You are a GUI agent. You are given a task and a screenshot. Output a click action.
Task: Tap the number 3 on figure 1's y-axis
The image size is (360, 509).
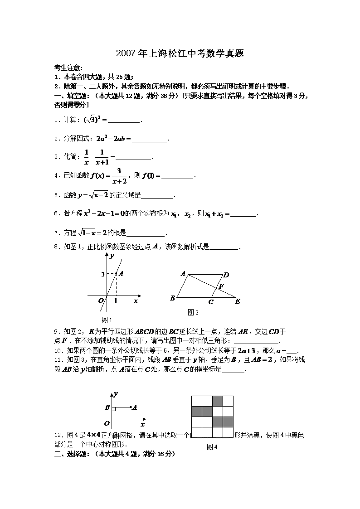pos(103,274)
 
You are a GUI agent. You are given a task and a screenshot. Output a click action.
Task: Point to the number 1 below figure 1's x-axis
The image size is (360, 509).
pos(116,301)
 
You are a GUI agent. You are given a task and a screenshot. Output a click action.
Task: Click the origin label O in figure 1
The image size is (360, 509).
pos(102,301)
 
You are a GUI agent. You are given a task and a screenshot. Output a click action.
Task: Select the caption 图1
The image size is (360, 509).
pos(107,320)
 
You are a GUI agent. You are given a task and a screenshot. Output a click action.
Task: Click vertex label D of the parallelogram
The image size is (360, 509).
pos(226,275)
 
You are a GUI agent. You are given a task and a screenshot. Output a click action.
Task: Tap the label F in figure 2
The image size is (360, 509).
pos(221,286)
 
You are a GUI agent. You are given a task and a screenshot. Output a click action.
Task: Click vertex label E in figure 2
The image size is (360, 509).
pos(237,301)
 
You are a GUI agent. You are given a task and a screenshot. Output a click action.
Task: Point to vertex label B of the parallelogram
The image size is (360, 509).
pos(172,298)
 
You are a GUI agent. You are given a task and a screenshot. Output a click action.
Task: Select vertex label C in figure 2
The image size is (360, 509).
pos(211,302)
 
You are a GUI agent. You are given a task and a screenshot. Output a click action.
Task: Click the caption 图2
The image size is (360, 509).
pos(193,312)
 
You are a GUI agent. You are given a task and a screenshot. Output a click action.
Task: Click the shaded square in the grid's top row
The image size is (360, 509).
pos(218,401)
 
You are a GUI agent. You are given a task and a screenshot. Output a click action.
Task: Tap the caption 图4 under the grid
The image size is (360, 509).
pos(212,447)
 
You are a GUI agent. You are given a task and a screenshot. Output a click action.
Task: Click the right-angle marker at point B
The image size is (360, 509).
pos(114,409)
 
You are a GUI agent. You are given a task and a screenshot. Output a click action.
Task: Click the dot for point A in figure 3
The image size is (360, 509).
pos(131,407)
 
